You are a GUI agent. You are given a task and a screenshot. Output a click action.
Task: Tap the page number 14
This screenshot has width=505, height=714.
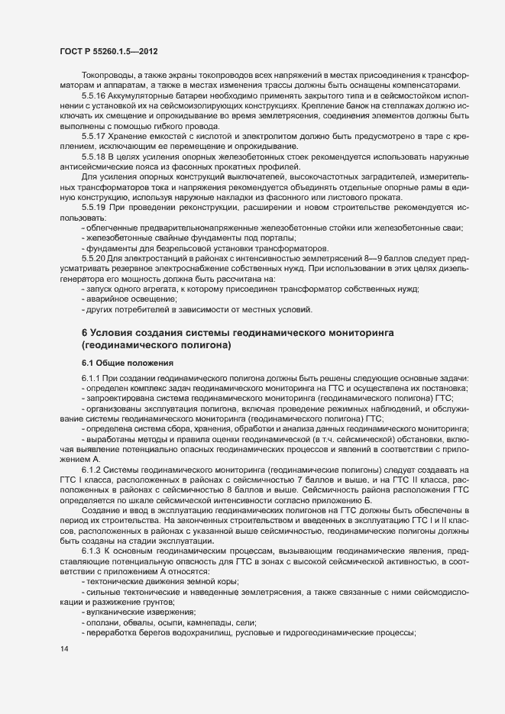63,649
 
